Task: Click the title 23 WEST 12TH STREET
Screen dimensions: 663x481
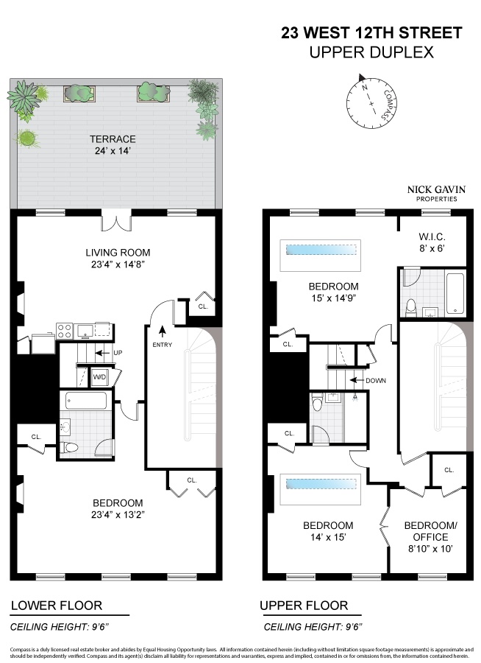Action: coord(371,33)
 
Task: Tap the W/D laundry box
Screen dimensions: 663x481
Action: coord(99,378)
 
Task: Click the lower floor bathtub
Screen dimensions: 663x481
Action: coord(85,400)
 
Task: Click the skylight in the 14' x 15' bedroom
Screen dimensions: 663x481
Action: coord(321,485)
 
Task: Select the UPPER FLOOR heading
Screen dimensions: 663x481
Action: coord(304,606)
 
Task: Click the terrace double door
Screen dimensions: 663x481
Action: coord(116,220)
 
